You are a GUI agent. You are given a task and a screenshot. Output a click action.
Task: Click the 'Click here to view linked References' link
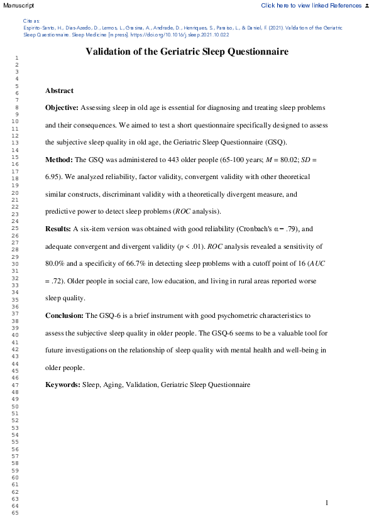click(311, 5)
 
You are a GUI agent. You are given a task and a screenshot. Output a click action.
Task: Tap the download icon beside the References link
click(367, 5)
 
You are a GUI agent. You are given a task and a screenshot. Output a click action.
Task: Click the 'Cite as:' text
click(31, 21)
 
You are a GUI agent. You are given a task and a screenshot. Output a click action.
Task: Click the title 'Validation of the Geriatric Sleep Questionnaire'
click(187, 52)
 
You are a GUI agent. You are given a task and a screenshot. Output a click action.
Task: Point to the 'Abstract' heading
click(59, 91)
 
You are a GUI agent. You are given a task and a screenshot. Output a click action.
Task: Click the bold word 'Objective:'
click(62, 108)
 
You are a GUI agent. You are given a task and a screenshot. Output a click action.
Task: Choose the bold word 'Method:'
click(59, 160)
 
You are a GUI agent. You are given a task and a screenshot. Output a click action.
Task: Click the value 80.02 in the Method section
click(278, 160)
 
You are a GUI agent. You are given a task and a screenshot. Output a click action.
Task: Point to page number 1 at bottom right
click(327, 503)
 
